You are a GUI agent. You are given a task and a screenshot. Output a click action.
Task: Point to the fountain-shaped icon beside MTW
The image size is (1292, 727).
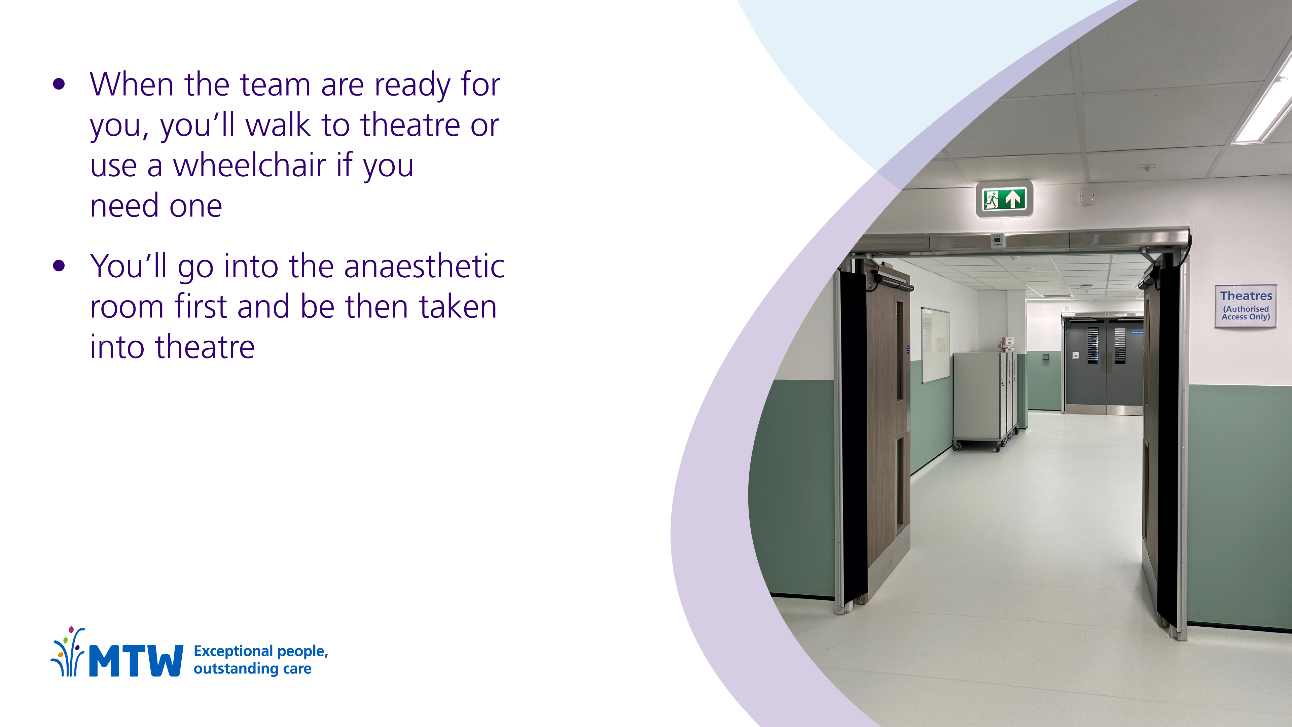coord(68,651)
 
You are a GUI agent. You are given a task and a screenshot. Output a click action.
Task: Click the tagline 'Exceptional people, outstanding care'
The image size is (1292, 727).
coord(261,660)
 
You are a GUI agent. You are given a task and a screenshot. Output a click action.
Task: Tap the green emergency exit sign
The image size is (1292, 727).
coord(1004,199)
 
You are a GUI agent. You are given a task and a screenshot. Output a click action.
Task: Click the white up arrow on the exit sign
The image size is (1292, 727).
coord(1014,199)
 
